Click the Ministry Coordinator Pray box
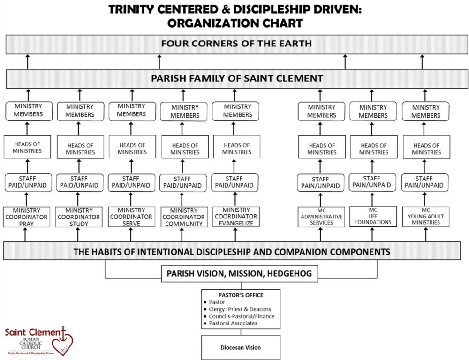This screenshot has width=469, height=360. click(x=26, y=217)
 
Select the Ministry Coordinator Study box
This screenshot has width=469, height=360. click(x=78, y=217)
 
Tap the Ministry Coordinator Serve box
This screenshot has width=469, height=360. click(x=131, y=217)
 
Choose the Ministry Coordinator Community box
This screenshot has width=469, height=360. click(x=183, y=217)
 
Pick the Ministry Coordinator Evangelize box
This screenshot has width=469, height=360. click(x=236, y=217)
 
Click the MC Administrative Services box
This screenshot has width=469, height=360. click(x=321, y=217)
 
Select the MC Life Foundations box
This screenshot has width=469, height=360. click(x=373, y=216)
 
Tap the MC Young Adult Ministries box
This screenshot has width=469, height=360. click(x=426, y=217)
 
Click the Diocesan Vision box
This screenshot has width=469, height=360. click(x=241, y=348)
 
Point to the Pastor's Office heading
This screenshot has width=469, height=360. click(x=241, y=295)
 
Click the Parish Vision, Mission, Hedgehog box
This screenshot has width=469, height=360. click(x=241, y=273)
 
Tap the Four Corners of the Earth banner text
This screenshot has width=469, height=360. click(x=236, y=44)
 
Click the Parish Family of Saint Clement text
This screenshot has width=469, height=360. click(x=236, y=78)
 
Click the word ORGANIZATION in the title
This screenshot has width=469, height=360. click(x=207, y=23)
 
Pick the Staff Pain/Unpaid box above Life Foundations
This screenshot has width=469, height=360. click(x=373, y=181)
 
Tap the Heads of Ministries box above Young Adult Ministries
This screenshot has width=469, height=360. click(x=426, y=149)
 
